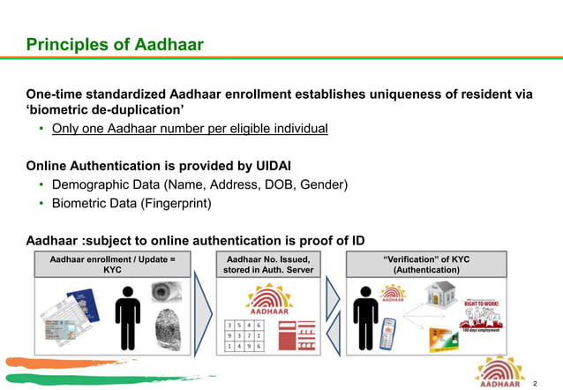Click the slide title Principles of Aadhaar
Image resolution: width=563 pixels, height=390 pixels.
tap(115, 44)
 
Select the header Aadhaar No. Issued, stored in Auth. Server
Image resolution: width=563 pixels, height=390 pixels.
tap(268, 263)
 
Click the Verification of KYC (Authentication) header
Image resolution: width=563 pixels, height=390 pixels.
tap(426, 263)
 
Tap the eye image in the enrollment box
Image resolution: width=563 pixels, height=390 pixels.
tap(165, 292)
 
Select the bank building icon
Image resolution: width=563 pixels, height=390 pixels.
tap(438, 296)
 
